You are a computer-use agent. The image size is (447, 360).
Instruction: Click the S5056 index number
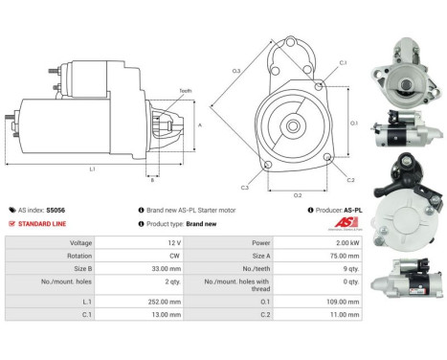[56, 208]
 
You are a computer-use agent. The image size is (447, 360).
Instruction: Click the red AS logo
[342, 223]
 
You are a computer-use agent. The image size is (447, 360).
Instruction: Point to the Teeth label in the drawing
[184, 91]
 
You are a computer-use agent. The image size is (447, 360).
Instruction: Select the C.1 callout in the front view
[342, 63]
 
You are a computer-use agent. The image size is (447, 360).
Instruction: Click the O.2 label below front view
[298, 194]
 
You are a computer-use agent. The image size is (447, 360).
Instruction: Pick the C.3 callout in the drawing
[245, 187]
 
